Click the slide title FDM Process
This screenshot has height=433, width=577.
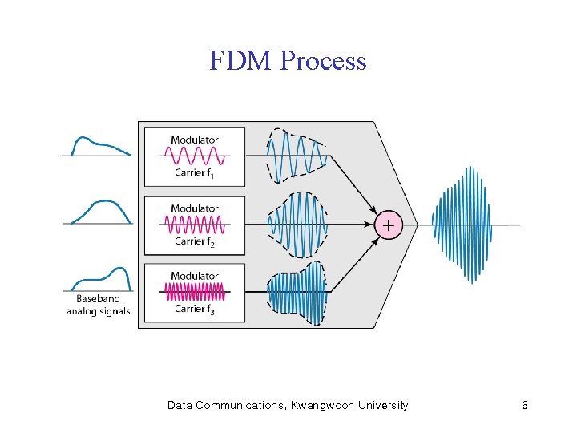point(288,61)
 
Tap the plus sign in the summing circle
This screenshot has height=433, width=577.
point(388,226)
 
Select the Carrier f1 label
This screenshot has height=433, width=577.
point(194,173)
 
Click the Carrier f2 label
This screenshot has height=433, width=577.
point(194,241)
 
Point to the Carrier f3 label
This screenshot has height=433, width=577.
point(194,310)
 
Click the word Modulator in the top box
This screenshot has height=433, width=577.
point(194,140)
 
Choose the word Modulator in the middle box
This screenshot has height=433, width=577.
point(194,208)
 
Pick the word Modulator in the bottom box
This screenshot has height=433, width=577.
point(194,276)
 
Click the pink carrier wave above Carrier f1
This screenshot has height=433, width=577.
point(194,156)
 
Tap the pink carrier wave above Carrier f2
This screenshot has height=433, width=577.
point(194,224)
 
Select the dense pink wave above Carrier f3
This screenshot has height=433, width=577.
point(194,292)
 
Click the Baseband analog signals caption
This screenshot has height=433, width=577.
point(98,306)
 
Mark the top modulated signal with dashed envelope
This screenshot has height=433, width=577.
point(297,156)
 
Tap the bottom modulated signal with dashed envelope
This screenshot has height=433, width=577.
point(297,293)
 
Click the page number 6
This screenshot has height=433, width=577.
point(524,406)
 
